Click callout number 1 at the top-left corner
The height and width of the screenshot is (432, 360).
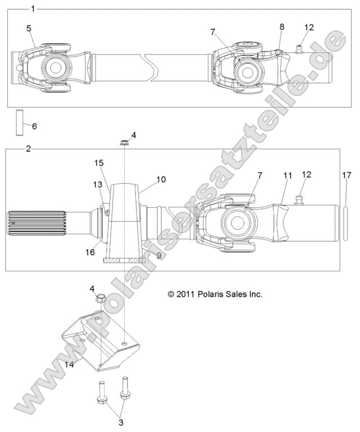(33, 8)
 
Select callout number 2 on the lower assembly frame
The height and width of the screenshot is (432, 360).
(29, 149)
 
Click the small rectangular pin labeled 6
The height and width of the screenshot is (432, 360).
(20, 123)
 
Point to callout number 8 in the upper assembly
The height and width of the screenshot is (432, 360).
(281, 26)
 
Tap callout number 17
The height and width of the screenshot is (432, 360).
(347, 176)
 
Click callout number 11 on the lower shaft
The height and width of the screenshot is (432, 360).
(287, 176)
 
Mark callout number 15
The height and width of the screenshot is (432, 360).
(99, 163)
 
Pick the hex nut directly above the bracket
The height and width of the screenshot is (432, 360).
(101, 298)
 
